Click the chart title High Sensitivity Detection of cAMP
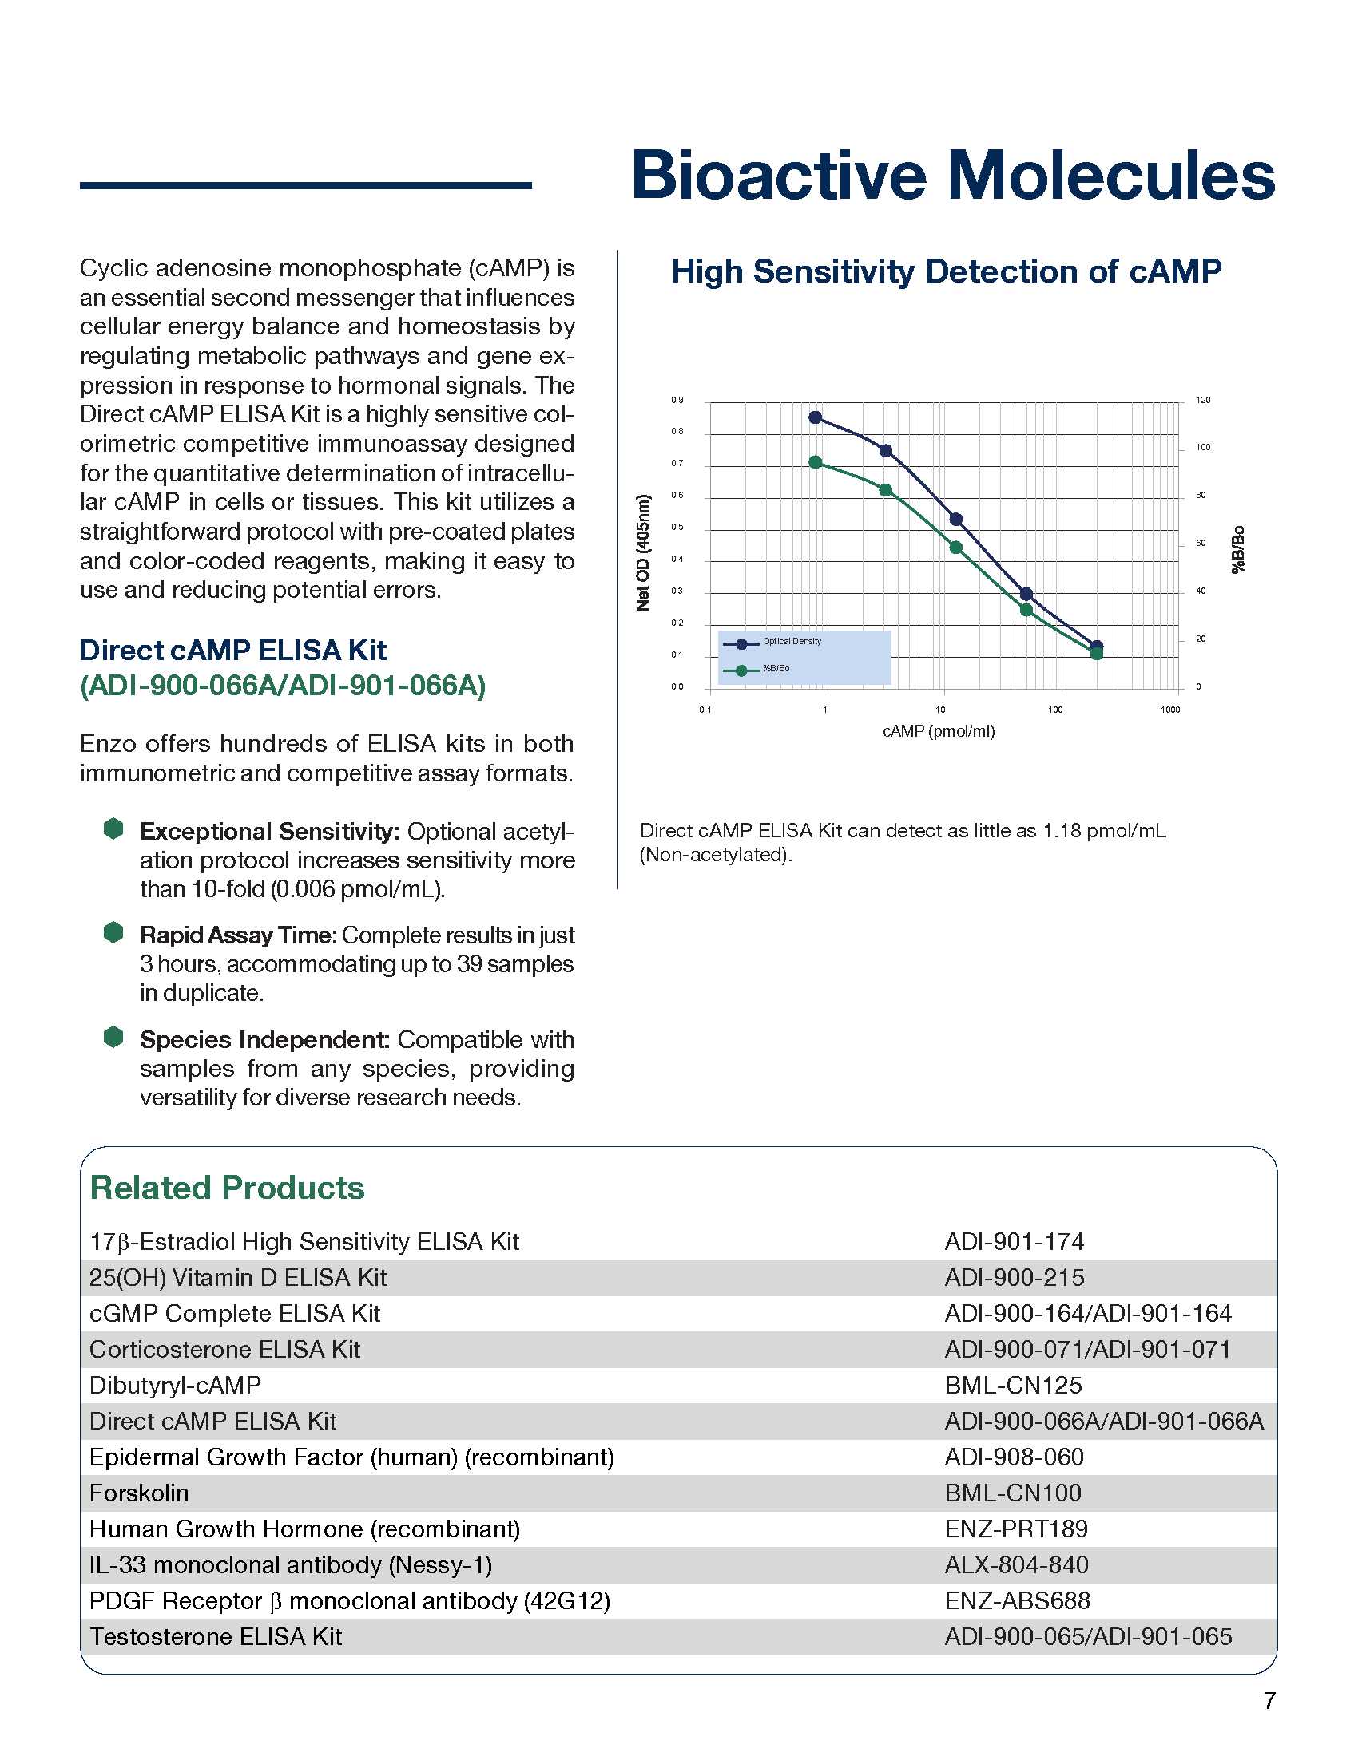pyautogui.click(x=946, y=271)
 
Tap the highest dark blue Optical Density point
pyautogui.click(x=815, y=417)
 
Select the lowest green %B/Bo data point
pyautogui.click(x=1097, y=654)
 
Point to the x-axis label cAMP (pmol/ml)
pyautogui.click(x=938, y=732)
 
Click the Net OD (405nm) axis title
pyautogui.click(x=643, y=553)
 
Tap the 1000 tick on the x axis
pyautogui.click(x=1169, y=710)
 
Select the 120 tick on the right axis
pyautogui.click(x=1203, y=401)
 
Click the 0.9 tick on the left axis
pyautogui.click(x=677, y=401)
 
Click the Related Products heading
pyautogui.click(x=227, y=1188)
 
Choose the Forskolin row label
pyautogui.click(x=139, y=1493)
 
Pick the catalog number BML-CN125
pyautogui.click(x=1013, y=1386)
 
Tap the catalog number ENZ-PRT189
pyautogui.click(x=1016, y=1529)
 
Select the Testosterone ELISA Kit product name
pyautogui.click(x=216, y=1636)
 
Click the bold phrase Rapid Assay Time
pyautogui.click(x=237, y=935)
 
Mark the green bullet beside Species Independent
pyautogui.click(x=113, y=1037)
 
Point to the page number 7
pyautogui.click(x=1269, y=1700)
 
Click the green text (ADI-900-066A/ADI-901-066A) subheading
pyautogui.click(x=282, y=686)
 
